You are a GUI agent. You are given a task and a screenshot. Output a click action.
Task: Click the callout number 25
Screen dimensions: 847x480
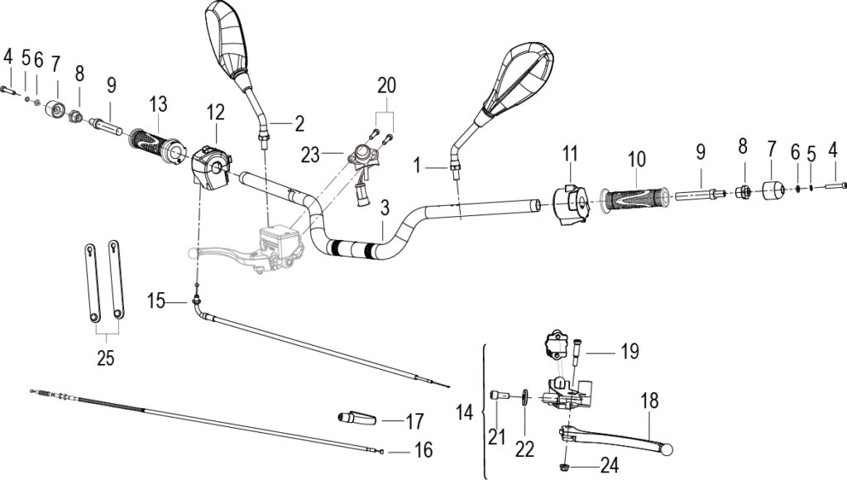[x=105, y=358]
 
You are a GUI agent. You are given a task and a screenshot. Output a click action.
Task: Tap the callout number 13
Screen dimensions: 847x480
[x=158, y=103]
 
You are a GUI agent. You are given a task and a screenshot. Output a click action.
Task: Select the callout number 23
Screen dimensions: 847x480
[x=311, y=156]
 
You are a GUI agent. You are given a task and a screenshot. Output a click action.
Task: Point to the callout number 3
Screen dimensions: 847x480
[x=384, y=208]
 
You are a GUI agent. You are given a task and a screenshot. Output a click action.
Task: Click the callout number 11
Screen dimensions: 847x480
[x=570, y=153]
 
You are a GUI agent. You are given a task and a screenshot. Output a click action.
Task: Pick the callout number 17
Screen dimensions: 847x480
[x=414, y=421]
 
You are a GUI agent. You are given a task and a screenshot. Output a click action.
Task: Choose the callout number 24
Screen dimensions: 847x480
[x=609, y=465]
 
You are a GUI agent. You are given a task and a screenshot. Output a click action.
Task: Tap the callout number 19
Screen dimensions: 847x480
[x=629, y=352]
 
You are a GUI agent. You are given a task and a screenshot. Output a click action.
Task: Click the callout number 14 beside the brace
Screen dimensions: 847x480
[x=464, y=412]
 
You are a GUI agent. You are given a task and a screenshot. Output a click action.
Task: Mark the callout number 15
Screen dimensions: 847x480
[x=156, y=301]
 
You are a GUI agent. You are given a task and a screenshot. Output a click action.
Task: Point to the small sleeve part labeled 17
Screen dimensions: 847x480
[x=356, y=418]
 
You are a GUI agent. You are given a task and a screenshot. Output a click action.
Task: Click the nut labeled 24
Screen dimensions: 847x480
[x=564, y=465]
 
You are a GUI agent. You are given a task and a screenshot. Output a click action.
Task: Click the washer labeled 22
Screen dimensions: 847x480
[x=524, y=396]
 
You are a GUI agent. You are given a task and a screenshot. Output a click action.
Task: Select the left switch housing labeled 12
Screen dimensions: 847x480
[x=212, y=165]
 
